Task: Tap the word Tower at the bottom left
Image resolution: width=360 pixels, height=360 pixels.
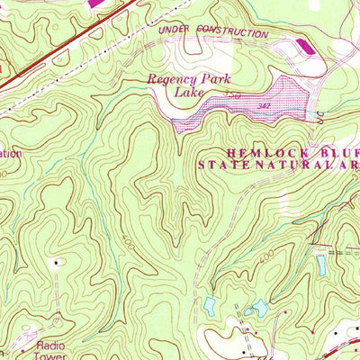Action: (52, 355)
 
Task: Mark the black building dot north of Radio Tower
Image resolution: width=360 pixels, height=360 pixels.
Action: (60, 263)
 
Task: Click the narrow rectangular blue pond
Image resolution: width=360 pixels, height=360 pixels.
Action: (321, 265)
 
